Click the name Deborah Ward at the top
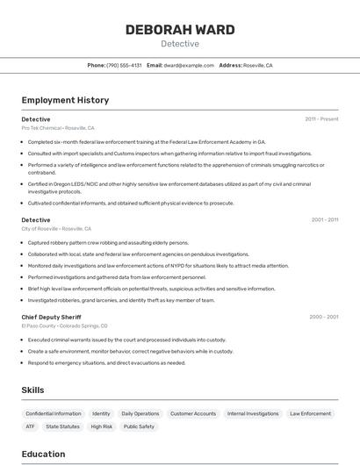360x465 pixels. tap(180, 30)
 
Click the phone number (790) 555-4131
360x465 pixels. tap(124, 65)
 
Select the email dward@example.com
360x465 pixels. tap(189, 65)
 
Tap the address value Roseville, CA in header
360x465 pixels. tap(258, 65)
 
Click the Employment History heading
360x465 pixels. tap(65, 100)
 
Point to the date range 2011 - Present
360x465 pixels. tap(321, 118)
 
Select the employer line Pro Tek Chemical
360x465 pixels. tap(58, 128)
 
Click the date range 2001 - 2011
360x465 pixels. tap(325, 219)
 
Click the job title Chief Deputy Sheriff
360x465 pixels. tap(51, 316)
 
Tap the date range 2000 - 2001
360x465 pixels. tap(324, 316)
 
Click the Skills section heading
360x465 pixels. tap(33, 390)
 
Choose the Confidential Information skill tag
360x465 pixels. tap(54, 413)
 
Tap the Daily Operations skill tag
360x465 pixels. tap(140, 413)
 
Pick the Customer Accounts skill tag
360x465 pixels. tap(193, 413)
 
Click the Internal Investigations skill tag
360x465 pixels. tap(253, 413)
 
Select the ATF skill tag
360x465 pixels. tap(30, 426)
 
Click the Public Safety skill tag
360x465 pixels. tap(139, 426)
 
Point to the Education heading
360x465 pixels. tap(43, 454)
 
